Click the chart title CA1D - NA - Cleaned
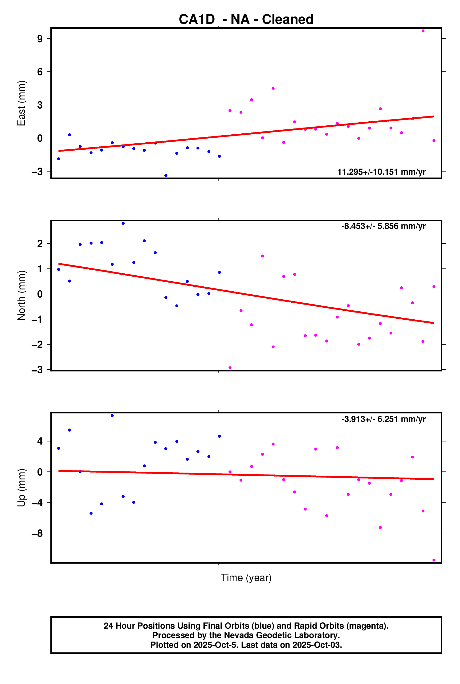click(246, 19)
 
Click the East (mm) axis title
click(21, 103)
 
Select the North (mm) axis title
click(21, 295)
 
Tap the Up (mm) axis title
click(21, 488)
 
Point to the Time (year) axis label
click(246, 578)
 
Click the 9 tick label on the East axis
click(40, 39)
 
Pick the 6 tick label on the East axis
click(40, 72)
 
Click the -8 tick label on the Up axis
click(37, 533)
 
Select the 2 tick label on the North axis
click(40, 244)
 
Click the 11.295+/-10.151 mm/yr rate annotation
click(381, 172)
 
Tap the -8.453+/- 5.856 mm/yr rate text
click(383, 226)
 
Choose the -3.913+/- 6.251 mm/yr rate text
click(383, 419)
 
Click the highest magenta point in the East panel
click(423, 31)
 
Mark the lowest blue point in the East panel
click(166, 176)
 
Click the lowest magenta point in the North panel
click(230, 368)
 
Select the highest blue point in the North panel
click(123, 223)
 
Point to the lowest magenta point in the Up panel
click(434, 560)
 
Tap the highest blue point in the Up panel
click(112, 416)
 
